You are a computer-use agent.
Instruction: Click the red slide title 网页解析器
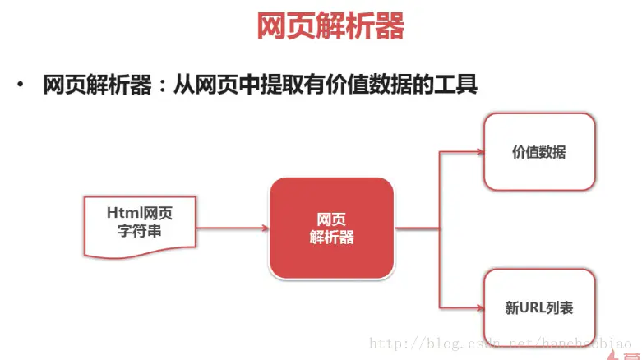[330, 27]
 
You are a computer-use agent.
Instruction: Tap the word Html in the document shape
[123, 213]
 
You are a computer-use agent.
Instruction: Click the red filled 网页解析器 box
[331, 228]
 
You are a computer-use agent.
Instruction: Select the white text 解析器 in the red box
[331, 238]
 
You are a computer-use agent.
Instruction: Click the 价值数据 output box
[539, 152]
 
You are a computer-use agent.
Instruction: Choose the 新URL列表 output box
[539, 308]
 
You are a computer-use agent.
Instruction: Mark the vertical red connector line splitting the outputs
[440, 230]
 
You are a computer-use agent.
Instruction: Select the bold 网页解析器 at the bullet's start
[98, 85]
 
